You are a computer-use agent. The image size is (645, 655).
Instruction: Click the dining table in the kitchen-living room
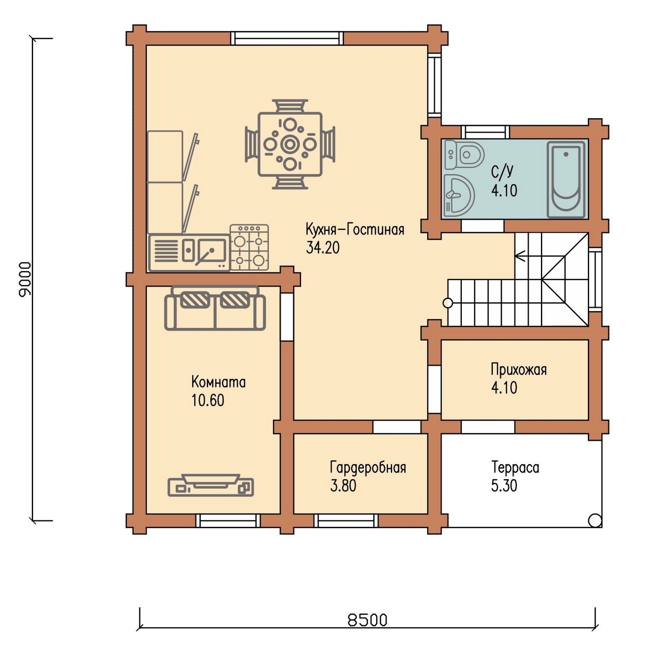290,144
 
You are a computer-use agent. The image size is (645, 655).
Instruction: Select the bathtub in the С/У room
566,180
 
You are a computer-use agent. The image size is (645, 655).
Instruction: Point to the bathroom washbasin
458,195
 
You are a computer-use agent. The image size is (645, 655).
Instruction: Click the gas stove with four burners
249,248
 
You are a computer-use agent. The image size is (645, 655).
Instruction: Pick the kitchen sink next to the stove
189,253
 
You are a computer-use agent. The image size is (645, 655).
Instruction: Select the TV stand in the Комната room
211,486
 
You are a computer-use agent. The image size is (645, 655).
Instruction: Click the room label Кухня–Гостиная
355,230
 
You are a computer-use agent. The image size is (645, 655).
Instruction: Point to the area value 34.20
322,248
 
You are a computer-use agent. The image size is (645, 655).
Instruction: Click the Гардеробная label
368,468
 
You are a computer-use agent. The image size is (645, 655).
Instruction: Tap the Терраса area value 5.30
504,486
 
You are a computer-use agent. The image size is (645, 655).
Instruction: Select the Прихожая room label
519,370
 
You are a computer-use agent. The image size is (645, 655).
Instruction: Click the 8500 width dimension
367,620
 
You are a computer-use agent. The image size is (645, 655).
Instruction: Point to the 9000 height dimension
25,279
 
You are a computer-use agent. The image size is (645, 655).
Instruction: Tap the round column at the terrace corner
595,520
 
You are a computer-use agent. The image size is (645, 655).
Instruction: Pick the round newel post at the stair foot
448,303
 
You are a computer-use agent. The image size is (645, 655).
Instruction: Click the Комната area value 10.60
208,401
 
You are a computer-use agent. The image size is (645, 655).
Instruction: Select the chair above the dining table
290,106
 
